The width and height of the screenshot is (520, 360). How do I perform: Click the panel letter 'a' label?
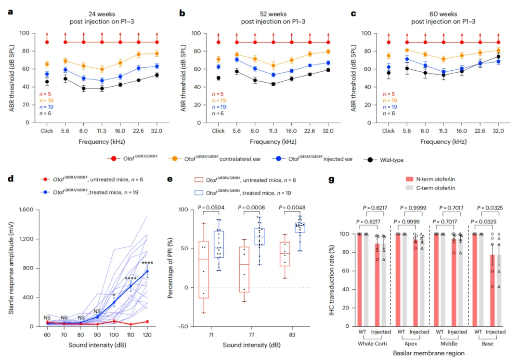(x=10, y=11)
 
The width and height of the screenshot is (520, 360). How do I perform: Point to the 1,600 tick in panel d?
(x=25, y=210)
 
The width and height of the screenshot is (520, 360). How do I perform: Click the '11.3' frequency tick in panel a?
(x=102, y=131)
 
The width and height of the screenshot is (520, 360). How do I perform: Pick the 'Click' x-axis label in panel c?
(x=388, y=131)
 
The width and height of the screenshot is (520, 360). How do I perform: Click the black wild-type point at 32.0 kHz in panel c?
(x=498, y=57)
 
